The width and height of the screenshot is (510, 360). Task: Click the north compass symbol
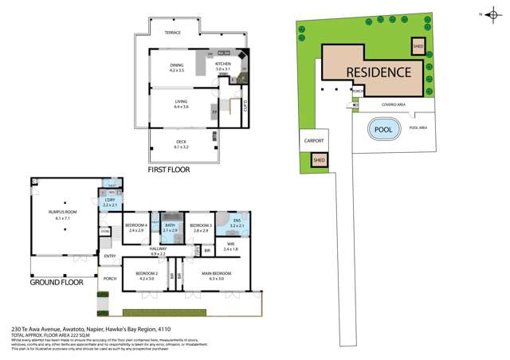pyautogui.click(x=493, y=14)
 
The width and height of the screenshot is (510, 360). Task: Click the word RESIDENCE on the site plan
pyautogui.click(x=379, y=72)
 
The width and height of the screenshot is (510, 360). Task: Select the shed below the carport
pyautogui.click(x=319, y=159)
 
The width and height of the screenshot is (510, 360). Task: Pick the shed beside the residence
pyautogui.click(x=418, y=46)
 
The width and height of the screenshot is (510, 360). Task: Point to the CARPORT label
pyautogui.click(x=315, y=140)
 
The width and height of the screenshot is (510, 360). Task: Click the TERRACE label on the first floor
pyautogui.click(x=173, y=33)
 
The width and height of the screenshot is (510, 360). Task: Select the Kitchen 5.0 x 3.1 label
pyautogui.click(x=222, y=66)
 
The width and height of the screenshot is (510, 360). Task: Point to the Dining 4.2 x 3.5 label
pyautogui.click(x=177, y=67)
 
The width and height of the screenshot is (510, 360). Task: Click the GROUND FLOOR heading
pyautogui.click(x=57, y=282)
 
